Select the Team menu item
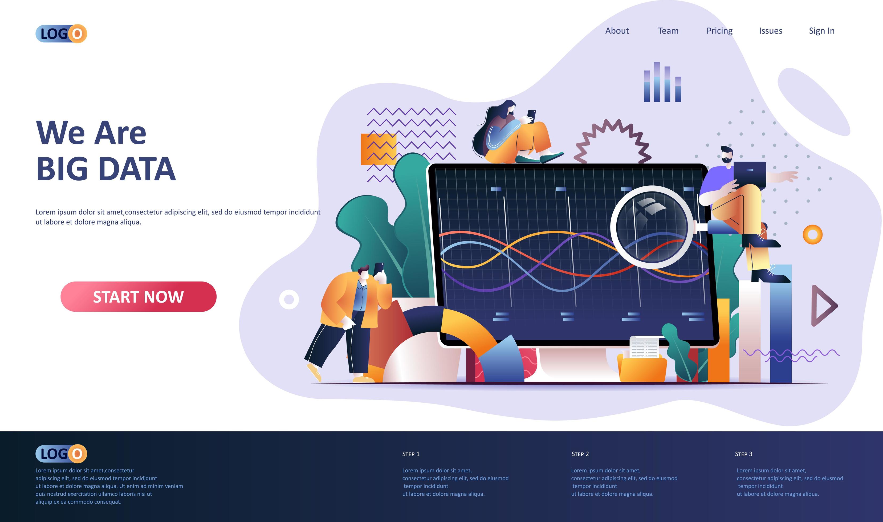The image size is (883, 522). pos(668,31)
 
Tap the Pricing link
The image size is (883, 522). pos(719,31)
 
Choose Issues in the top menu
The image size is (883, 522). pos(770,31)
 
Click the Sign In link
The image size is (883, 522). pos(821,31)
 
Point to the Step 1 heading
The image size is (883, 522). pos(410,454)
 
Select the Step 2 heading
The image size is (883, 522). pos(580,454)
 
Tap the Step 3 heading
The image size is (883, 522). pos(743,454)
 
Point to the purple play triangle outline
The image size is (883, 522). pos(823,306)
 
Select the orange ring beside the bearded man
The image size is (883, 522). pos(812,234)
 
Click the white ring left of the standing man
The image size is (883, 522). pos(289,300)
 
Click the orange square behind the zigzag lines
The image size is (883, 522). pos(378,149)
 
